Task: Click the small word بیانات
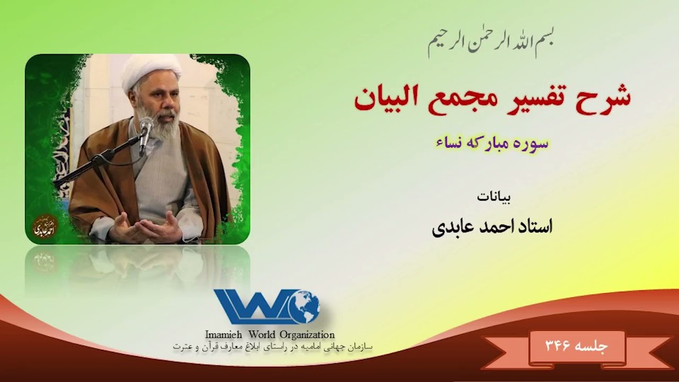click(494, 197)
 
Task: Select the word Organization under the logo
click(309, 335)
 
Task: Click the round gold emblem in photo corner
click(45, 227)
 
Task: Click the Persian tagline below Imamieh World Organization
click(273, 346)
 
